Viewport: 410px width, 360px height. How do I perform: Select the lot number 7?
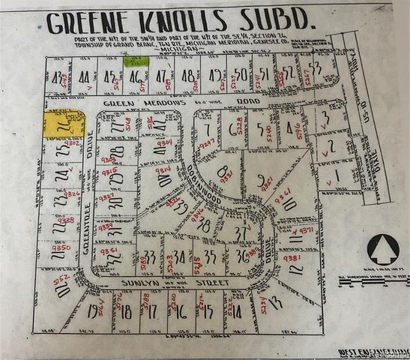[x=207, y=131]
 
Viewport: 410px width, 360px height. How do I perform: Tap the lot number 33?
[x=151, y=258]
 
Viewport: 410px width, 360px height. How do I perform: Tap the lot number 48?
[x=188, y=75]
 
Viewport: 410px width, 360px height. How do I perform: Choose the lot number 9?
[x=261, y=180]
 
